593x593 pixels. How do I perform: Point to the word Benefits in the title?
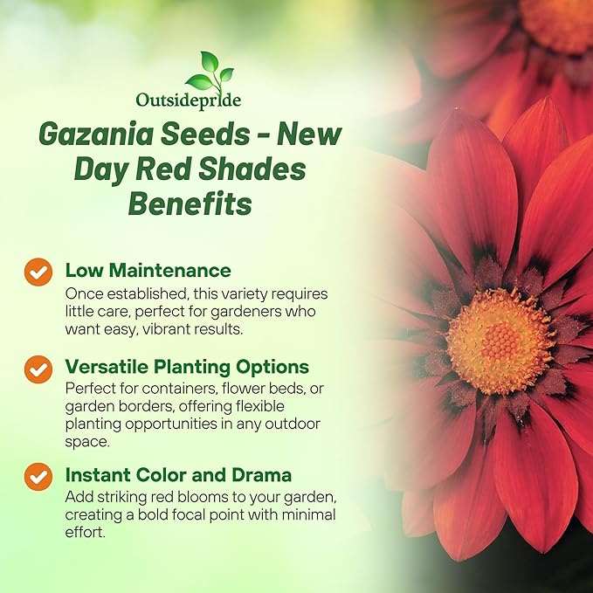click(190, 204)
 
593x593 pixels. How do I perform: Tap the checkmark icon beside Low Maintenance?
click(38, 272)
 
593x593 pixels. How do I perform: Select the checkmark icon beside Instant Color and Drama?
click(38, 477)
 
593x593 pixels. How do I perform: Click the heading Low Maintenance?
click(148, 270)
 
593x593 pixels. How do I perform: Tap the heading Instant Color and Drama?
click(178, 475)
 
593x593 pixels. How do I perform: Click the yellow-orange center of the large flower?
click(500, 341)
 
